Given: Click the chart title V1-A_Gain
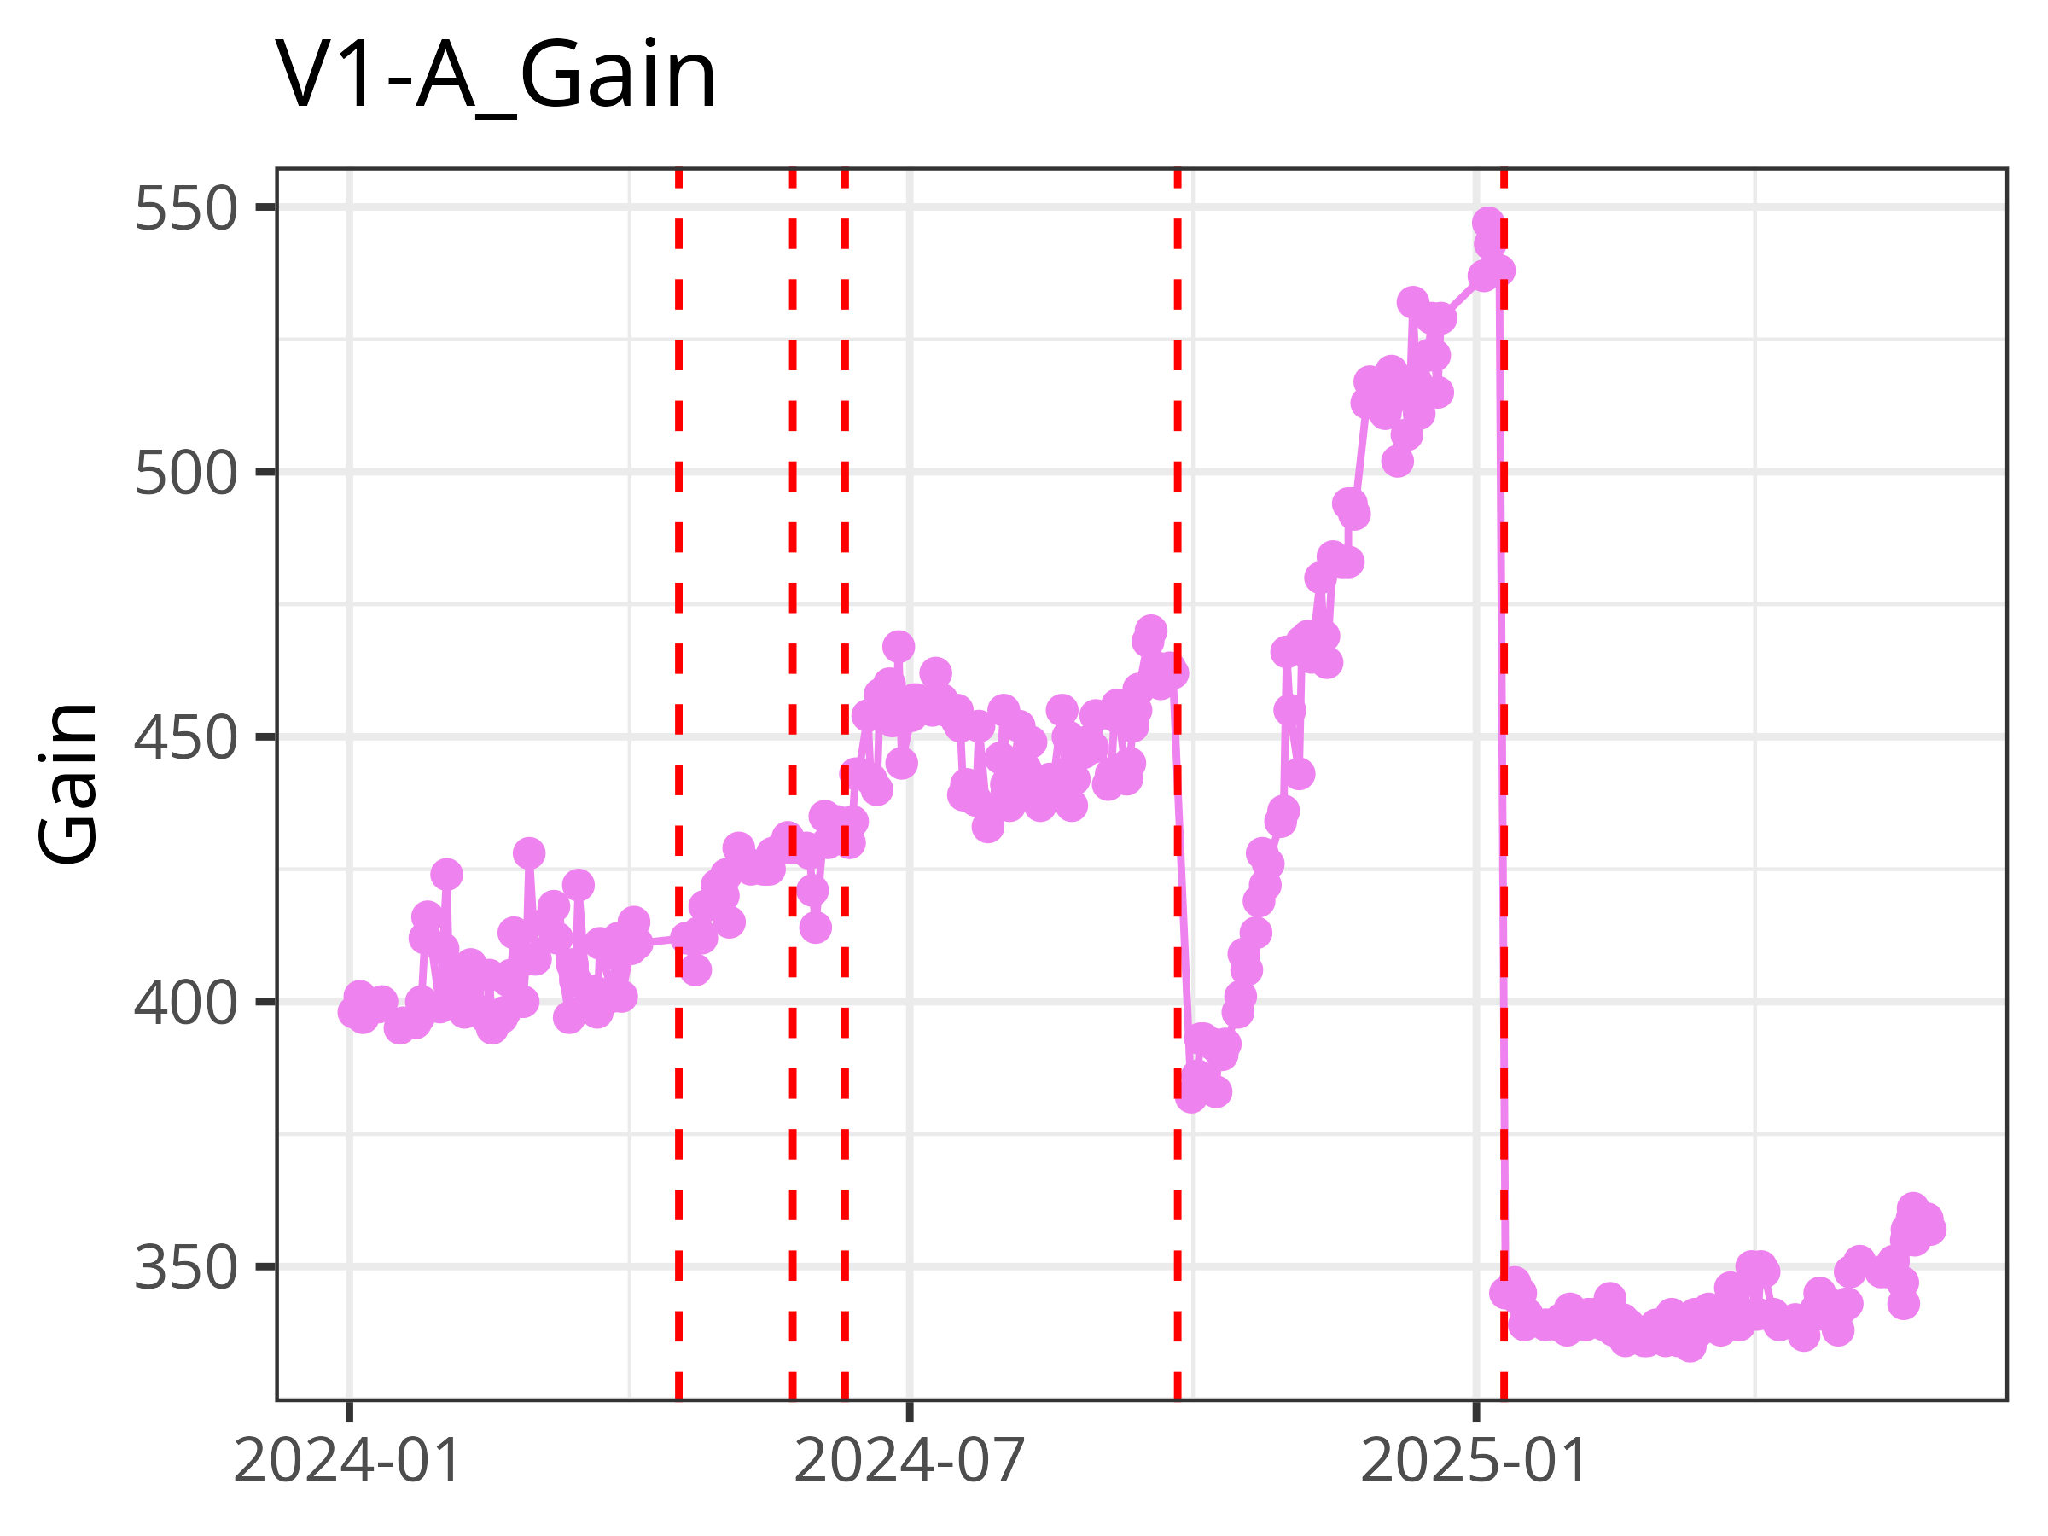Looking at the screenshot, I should [495, 76].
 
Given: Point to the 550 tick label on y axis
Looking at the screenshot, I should [186, 208].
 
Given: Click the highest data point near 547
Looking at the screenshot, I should [1488, 223].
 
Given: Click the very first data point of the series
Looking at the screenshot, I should [352, 1012].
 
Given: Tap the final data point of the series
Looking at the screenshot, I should [1931, 1230].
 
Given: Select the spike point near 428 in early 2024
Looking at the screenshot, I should [529, 852].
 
